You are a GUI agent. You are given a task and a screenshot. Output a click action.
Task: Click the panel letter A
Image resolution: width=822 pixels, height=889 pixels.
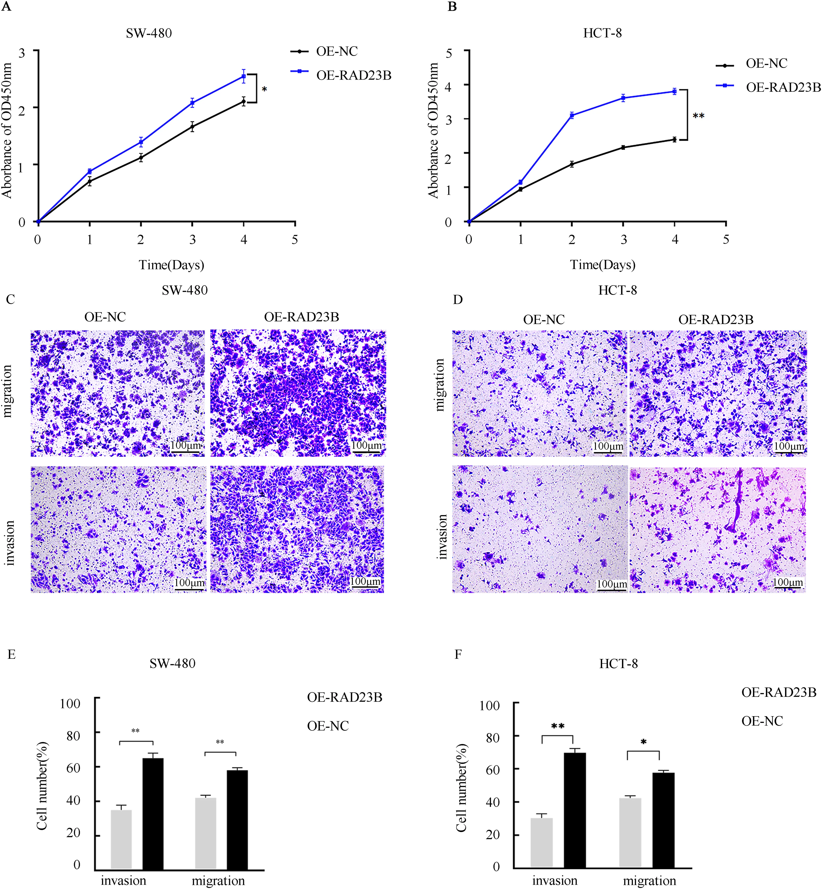coord(6,7)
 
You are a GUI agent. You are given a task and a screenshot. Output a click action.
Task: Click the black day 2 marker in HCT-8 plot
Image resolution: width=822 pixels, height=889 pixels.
coord(572,164)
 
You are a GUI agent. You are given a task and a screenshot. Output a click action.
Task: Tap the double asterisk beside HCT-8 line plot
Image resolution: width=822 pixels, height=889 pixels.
coord(698,116)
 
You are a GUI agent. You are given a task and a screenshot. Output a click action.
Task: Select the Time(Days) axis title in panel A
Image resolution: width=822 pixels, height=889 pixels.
coord(171,265)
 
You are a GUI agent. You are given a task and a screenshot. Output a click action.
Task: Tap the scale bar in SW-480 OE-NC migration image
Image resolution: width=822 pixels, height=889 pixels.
coord(186,452)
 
